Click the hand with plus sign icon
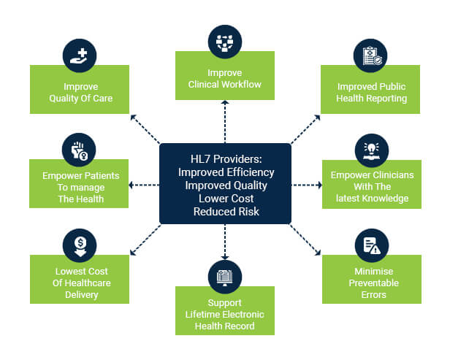[79, 55]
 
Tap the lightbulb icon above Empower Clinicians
[372, 150]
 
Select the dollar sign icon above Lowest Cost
[80, 245]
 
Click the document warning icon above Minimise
[372, 245]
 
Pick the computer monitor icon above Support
[225, 277]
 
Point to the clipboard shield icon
[371, 55]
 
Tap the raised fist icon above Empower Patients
[79, 150]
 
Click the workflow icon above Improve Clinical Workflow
[225, 42]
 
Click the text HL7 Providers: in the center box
[226, 159]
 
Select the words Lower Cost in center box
[226, 199]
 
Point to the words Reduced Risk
[226, 212]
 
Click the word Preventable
[374, 283]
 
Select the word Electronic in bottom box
[244, 315]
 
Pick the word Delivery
[82, 295]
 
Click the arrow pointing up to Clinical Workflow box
[225, 122]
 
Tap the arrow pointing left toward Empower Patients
[144, 185]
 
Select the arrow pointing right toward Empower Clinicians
[307, 185]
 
